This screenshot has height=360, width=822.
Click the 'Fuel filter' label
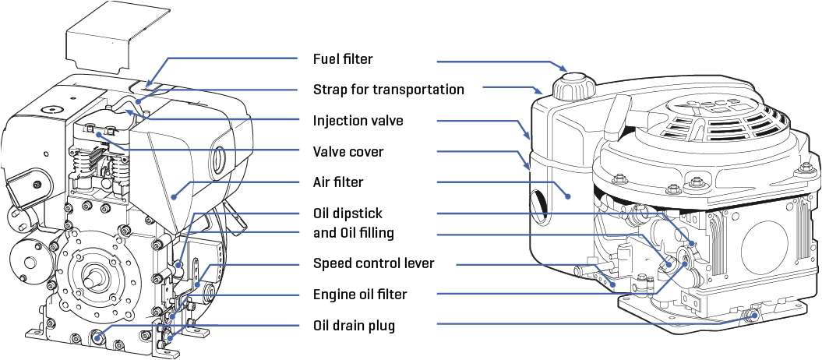[x=343, y=59]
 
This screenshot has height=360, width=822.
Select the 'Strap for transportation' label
[x=388, y=90]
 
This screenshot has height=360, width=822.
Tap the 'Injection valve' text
[x=358, y=121]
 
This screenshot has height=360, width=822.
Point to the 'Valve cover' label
[x=348, y=152]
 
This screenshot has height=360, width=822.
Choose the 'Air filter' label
[x=338, y=182]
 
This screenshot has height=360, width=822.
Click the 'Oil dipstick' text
[x=347, y=213]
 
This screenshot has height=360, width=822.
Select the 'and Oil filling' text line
[x=353, y=233]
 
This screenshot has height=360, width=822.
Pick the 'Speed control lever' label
[x=373, y=263]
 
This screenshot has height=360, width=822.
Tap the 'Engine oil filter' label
[x=360, y=295]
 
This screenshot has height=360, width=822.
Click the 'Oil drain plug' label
[x=354, y=326]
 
